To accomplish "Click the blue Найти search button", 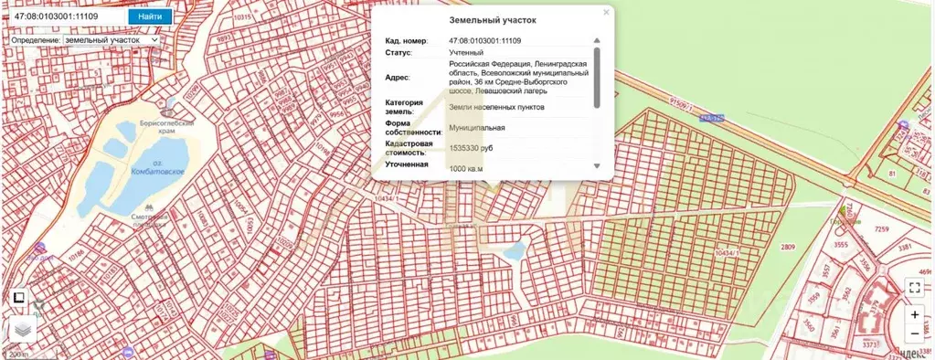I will (x=149, y=16).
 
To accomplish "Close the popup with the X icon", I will (x=606, y=14).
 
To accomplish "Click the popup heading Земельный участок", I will (x=494, y=19).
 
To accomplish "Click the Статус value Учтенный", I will (x=466, y=53).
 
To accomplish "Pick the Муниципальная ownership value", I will (x=476, y=127).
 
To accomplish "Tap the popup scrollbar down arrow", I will (x=598, y=166).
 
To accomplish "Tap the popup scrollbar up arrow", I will (x=598, y=40).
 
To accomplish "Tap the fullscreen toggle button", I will (x=915, y=286).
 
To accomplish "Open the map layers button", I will (x=22, y=329).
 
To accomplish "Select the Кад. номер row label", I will (x=406, y=41).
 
